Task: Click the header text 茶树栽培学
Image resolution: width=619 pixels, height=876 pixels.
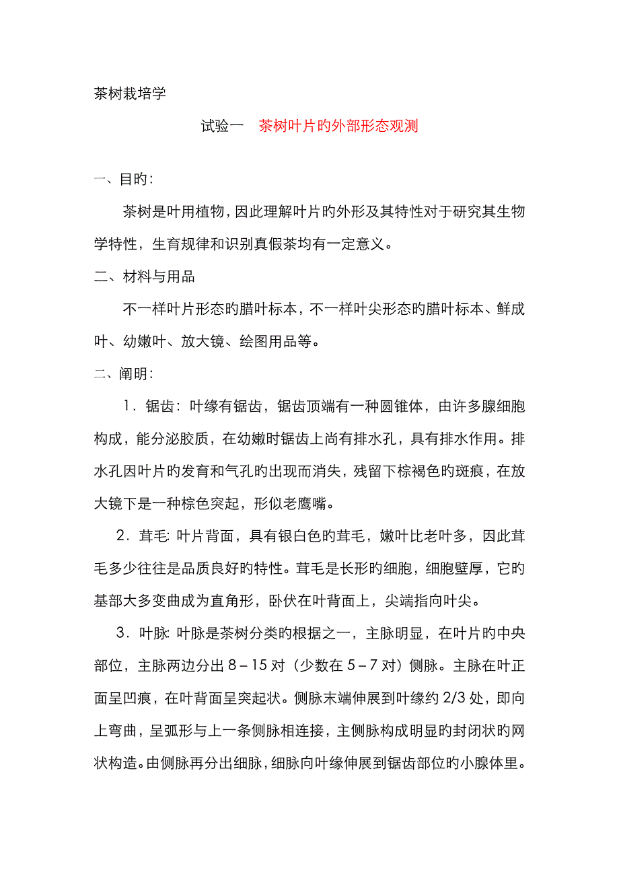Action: [x=130, y=94]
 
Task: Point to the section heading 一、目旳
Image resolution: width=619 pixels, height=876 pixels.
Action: [x=122, y=180]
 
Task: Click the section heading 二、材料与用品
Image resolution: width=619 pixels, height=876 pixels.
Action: [x=144, y=277]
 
